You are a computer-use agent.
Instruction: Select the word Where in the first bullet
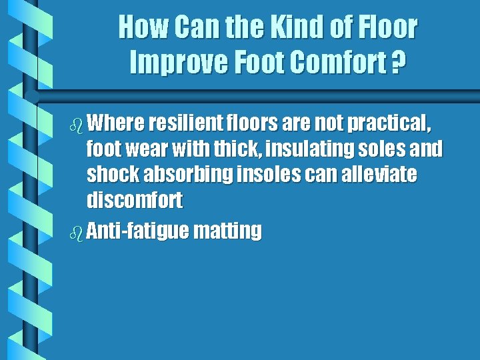(x=116, y=123)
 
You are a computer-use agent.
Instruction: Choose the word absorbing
(x=190, y=175)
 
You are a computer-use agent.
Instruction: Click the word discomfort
(x=134, y=200)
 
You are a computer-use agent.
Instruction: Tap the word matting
(x=228, y=231)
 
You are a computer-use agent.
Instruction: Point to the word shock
(x=111, y=175)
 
